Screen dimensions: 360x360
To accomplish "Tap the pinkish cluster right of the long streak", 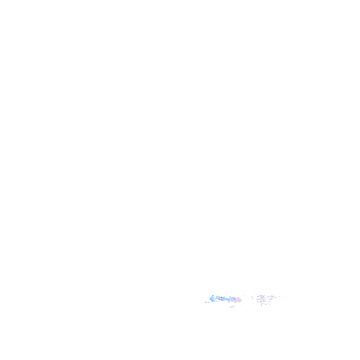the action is (265, 298).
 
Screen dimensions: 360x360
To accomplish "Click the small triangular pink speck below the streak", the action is (232, 306).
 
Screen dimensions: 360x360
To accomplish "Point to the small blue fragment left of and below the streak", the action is (206, 302).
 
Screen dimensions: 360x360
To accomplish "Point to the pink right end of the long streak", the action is (239, 299).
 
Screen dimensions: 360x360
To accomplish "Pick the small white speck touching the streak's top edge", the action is (226, 295).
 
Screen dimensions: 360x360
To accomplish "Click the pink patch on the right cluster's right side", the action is (271, 297).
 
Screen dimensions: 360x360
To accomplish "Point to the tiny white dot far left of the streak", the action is (203, 300).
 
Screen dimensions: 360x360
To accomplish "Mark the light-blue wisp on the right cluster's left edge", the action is (257, 298).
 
